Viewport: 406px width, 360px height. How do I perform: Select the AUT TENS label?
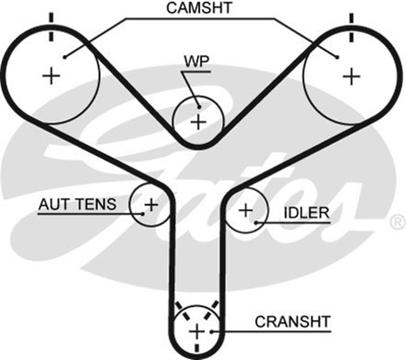(x=77, y=204)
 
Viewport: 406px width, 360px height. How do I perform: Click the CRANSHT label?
(x=292, y=321)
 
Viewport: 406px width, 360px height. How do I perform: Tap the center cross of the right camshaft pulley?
(x=350, y=76)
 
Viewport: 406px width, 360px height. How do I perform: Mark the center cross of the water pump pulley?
(x=199, y=121)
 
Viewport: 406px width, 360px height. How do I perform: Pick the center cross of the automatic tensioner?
(x=151, y=204)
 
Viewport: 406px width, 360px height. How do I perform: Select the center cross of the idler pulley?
(x=245, y=210)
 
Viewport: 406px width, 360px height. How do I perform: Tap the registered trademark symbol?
(x=396, y=222)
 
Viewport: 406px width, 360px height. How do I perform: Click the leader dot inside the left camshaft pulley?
(x=64, y=56)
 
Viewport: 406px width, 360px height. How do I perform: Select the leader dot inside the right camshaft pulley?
(x=337, y=57)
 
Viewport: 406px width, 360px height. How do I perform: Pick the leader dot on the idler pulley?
(x=255, y=221)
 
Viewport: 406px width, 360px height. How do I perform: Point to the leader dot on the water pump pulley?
(x=199, y=105)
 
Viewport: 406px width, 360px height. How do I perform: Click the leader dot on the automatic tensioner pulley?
(x=144, y=213)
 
